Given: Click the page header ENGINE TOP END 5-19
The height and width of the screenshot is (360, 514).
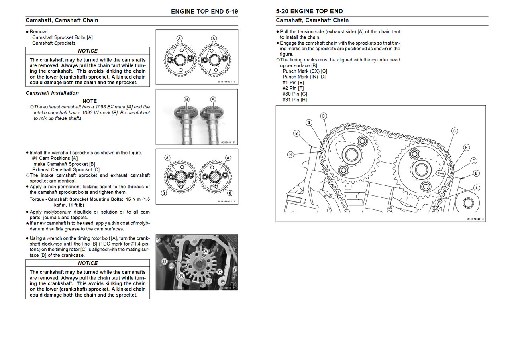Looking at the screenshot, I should (204, 11).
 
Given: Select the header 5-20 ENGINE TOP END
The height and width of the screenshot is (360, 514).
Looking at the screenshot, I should (309, 11).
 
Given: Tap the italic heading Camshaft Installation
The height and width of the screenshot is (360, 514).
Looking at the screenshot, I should (52, 93).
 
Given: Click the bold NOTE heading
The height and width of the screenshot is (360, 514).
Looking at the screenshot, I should (90, 101).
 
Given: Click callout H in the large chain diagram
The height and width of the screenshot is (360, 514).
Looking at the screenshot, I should (290, 154).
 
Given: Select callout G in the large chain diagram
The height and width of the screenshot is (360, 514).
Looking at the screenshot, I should (309, 122).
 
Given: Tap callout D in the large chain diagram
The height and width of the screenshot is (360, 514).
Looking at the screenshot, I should (324, 116).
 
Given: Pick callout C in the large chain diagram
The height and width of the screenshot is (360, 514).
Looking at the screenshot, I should (455, 130).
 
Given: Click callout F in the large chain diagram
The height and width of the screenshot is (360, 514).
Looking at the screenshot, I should (466, 147).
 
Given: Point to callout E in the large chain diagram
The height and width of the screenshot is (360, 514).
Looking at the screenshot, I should (473, 161).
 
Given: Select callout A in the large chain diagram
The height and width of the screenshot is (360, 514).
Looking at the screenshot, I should (477, 188).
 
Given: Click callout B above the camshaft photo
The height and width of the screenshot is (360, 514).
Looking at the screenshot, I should (186, 99).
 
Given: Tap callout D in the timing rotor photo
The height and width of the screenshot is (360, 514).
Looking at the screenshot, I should (164, 261).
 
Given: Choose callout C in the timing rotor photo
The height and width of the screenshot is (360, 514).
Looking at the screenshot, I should (220, 272).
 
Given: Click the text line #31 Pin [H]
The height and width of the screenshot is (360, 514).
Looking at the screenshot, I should (294, 100).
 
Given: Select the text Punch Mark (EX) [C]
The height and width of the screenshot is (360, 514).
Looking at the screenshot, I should (304, 71).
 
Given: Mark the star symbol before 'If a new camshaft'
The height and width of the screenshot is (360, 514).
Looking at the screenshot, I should (27, 223).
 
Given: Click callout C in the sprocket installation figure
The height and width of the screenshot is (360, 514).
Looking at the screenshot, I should (228, 193).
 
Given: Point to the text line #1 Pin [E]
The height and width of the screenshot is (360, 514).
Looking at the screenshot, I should (293, 82).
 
